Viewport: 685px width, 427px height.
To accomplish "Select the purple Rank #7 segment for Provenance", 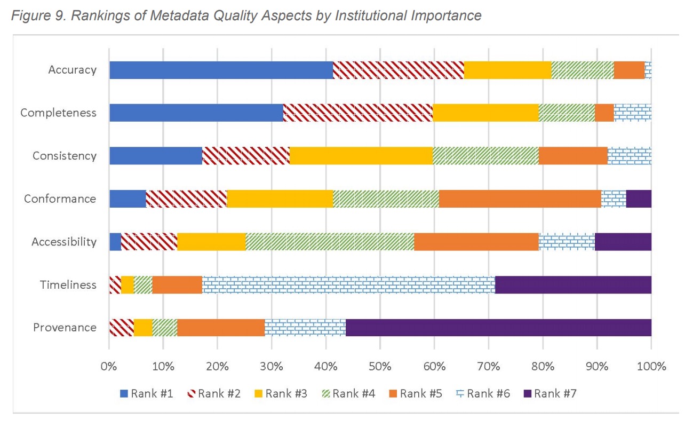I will tap(498, 327).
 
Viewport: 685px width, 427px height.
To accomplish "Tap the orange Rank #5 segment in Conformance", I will tap(520, 199).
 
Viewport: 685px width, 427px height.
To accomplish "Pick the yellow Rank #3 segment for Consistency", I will tap(361, 156).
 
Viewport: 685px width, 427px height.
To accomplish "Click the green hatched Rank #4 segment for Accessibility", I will tap(330, 242).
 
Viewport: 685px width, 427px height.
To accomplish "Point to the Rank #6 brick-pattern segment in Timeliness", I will tap(348, 284).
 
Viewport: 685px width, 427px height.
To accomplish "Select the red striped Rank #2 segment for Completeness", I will tap(357, 113).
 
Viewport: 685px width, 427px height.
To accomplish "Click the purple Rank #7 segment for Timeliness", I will tap(573, 284).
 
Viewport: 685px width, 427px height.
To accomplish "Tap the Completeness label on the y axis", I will tap(58, 113).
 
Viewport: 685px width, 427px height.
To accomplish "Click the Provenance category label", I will tap(65, 327).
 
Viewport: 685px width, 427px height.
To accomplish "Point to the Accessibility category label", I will tap(63, 242).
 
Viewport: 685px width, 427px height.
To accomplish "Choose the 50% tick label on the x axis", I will tap(380, 367).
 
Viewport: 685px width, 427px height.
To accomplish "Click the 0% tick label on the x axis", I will tap(109, 367).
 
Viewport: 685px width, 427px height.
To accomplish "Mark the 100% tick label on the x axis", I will tap(651, 367).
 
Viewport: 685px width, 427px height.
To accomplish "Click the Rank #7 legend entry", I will tap(549, 394).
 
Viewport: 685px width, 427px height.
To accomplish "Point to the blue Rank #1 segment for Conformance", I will tap(128, 199).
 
